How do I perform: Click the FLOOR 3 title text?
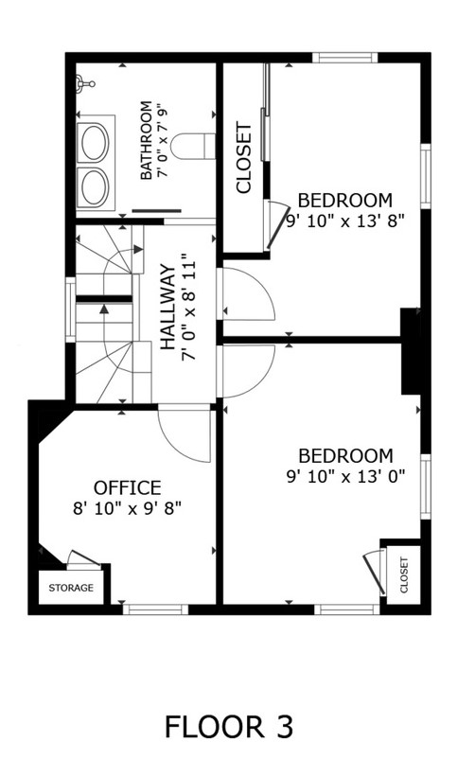[x=228, y=727]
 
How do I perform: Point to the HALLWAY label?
[x=168, y=307]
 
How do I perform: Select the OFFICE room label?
[x=127, y=488]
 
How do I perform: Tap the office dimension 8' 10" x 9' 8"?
[x=127, y=508]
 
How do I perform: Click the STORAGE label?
[x=71, y=588]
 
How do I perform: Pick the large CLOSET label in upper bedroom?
[x=244, y=157]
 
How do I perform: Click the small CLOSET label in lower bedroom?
[x=404, y=574]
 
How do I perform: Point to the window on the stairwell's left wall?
[x=69, y=309]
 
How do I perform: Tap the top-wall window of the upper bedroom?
[x=345, y=58]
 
